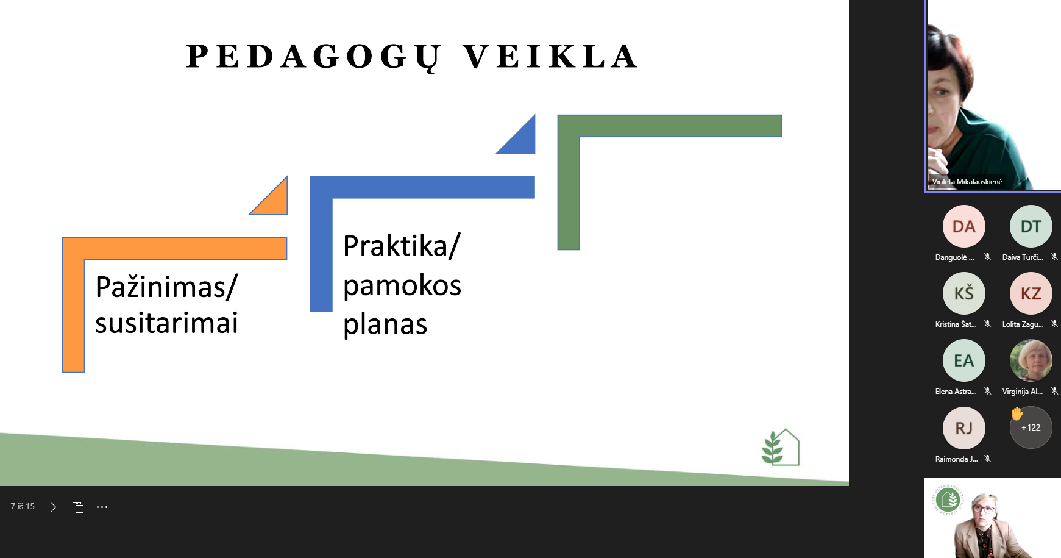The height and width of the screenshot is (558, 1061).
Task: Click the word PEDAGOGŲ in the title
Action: [313, 57]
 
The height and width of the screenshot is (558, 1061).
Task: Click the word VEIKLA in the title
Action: [550, 57]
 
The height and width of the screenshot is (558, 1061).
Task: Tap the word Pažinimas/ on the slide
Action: [166, 287]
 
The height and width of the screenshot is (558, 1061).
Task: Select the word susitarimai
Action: [166, 323]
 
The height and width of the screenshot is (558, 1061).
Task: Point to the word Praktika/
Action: [402, 246]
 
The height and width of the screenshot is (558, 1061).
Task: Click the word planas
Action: [385, 324]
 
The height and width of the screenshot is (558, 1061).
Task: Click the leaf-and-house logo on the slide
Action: [780, 447]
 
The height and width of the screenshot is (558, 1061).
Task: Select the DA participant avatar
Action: [963, 226]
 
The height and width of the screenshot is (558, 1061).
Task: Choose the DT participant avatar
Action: [1031, 226]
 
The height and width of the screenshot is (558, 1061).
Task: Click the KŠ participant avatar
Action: [963, 293]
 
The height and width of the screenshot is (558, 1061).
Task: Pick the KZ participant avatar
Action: [1031, 293]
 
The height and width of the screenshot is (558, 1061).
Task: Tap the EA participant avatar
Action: [963, 360]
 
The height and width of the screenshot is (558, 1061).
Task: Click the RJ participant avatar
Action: [963, 428]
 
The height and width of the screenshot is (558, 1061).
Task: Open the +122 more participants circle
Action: [1031, 428]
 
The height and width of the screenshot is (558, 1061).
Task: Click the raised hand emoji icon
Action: [1017, 413]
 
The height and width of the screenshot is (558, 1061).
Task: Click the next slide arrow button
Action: [54, 507]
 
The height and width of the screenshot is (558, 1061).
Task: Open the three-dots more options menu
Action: [102, 507]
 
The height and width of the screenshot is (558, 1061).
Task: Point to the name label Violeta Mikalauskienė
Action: [967, 182]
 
